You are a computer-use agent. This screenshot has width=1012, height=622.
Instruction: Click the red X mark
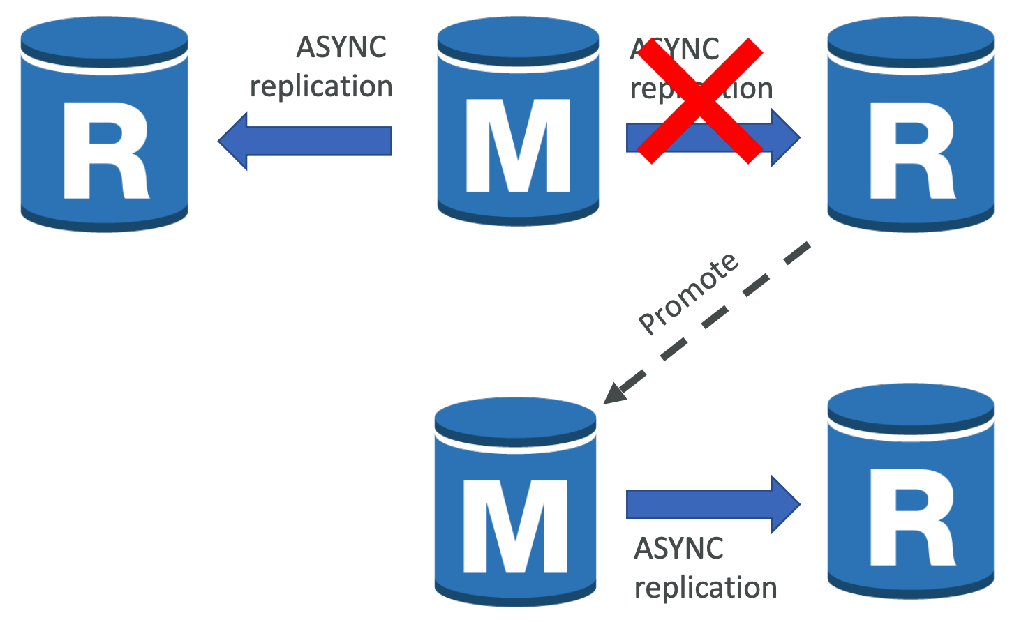pos(700,102)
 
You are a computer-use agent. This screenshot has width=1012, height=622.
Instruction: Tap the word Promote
pos(688,293)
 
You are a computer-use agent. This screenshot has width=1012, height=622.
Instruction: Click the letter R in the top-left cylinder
pos(105,151)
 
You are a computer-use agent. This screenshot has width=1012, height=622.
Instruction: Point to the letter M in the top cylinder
pos(517,146)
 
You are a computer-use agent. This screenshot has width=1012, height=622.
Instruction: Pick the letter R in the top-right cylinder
pos(911,151)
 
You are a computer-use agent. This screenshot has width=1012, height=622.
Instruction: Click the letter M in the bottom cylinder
pos(515,526)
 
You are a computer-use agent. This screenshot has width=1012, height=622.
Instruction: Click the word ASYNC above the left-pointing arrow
pos(341,47)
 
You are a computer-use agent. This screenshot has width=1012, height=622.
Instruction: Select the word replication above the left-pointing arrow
pos(321,86)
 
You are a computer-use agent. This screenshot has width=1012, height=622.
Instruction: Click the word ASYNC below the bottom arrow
pos(678,548)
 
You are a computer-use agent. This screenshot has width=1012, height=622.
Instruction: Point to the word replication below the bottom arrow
pos(706,587)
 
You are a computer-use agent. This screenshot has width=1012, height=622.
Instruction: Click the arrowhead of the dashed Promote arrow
pos(613,394)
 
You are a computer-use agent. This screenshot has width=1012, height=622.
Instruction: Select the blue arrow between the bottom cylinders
pos(712,504)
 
